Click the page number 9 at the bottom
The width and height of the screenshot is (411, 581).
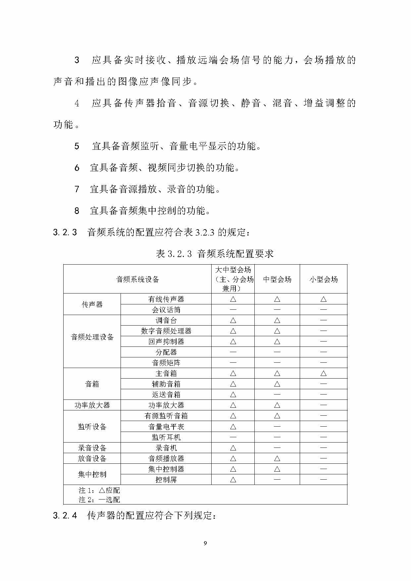tap(205, 543)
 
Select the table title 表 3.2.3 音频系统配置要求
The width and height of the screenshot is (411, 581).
tap(215, 254)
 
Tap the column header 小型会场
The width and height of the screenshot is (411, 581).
tap(324, 279)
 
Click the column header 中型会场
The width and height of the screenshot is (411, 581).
tap(277, 279)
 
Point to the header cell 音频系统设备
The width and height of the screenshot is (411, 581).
tap(137, 279)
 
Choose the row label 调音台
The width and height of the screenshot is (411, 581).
tap(166, 320)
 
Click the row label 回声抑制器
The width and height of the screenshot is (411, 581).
tap(166, 342)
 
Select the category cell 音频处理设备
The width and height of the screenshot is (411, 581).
tap(92, 337)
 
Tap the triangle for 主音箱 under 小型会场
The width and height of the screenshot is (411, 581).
tap(324, 373)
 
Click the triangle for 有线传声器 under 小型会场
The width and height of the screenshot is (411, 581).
tap(324, 299)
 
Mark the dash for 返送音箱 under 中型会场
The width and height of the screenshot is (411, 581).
tap(277, 395)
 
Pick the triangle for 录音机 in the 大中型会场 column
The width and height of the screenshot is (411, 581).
tap(233, 448)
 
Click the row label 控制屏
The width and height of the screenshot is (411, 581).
tap(166, 480)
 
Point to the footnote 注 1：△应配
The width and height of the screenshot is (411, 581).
tap(99, 490)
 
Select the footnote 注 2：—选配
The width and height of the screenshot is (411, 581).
tap(99, 500)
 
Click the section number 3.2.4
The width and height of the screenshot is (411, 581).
tap(65, 516)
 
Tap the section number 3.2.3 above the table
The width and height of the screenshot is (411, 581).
tap(65, 232)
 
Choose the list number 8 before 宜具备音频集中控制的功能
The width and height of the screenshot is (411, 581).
tap(77, 211)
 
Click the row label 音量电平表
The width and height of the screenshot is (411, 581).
tap(166, 427)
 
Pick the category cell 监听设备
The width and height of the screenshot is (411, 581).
tap(92, 427)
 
